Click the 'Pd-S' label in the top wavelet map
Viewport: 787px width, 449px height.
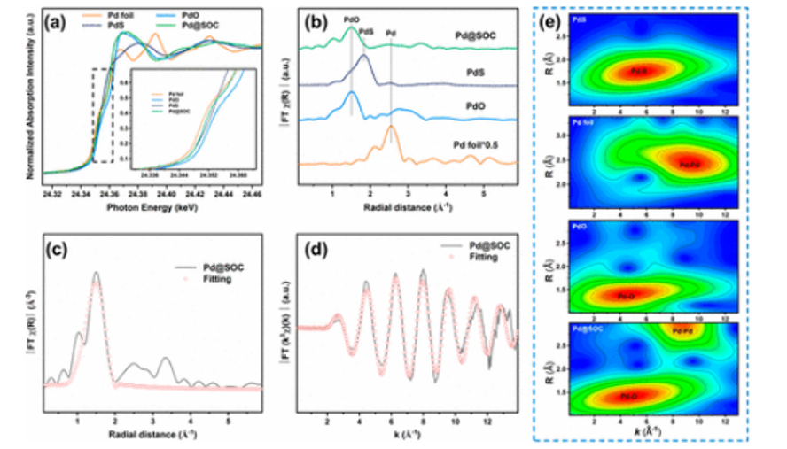[639, 70]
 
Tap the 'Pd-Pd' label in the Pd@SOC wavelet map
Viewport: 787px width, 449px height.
[682, 330]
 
